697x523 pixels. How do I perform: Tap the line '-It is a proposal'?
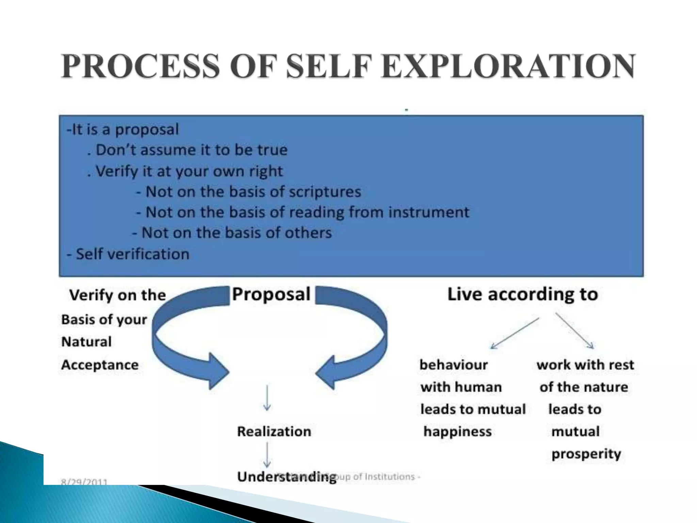[123, 129]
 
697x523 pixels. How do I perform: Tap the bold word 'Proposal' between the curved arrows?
[271, 294]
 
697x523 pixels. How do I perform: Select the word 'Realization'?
[274, 431]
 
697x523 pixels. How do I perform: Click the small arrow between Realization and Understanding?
[267, 455]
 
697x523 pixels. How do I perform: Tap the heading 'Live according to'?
[522, 294]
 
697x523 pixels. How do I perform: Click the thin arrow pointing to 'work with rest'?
[575, 331]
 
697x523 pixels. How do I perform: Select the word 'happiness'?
[457, 432]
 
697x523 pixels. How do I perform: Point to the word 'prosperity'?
[586, 454]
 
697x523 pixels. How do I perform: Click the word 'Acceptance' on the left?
[100, 365]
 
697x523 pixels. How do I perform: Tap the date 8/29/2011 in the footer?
[84, 481]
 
